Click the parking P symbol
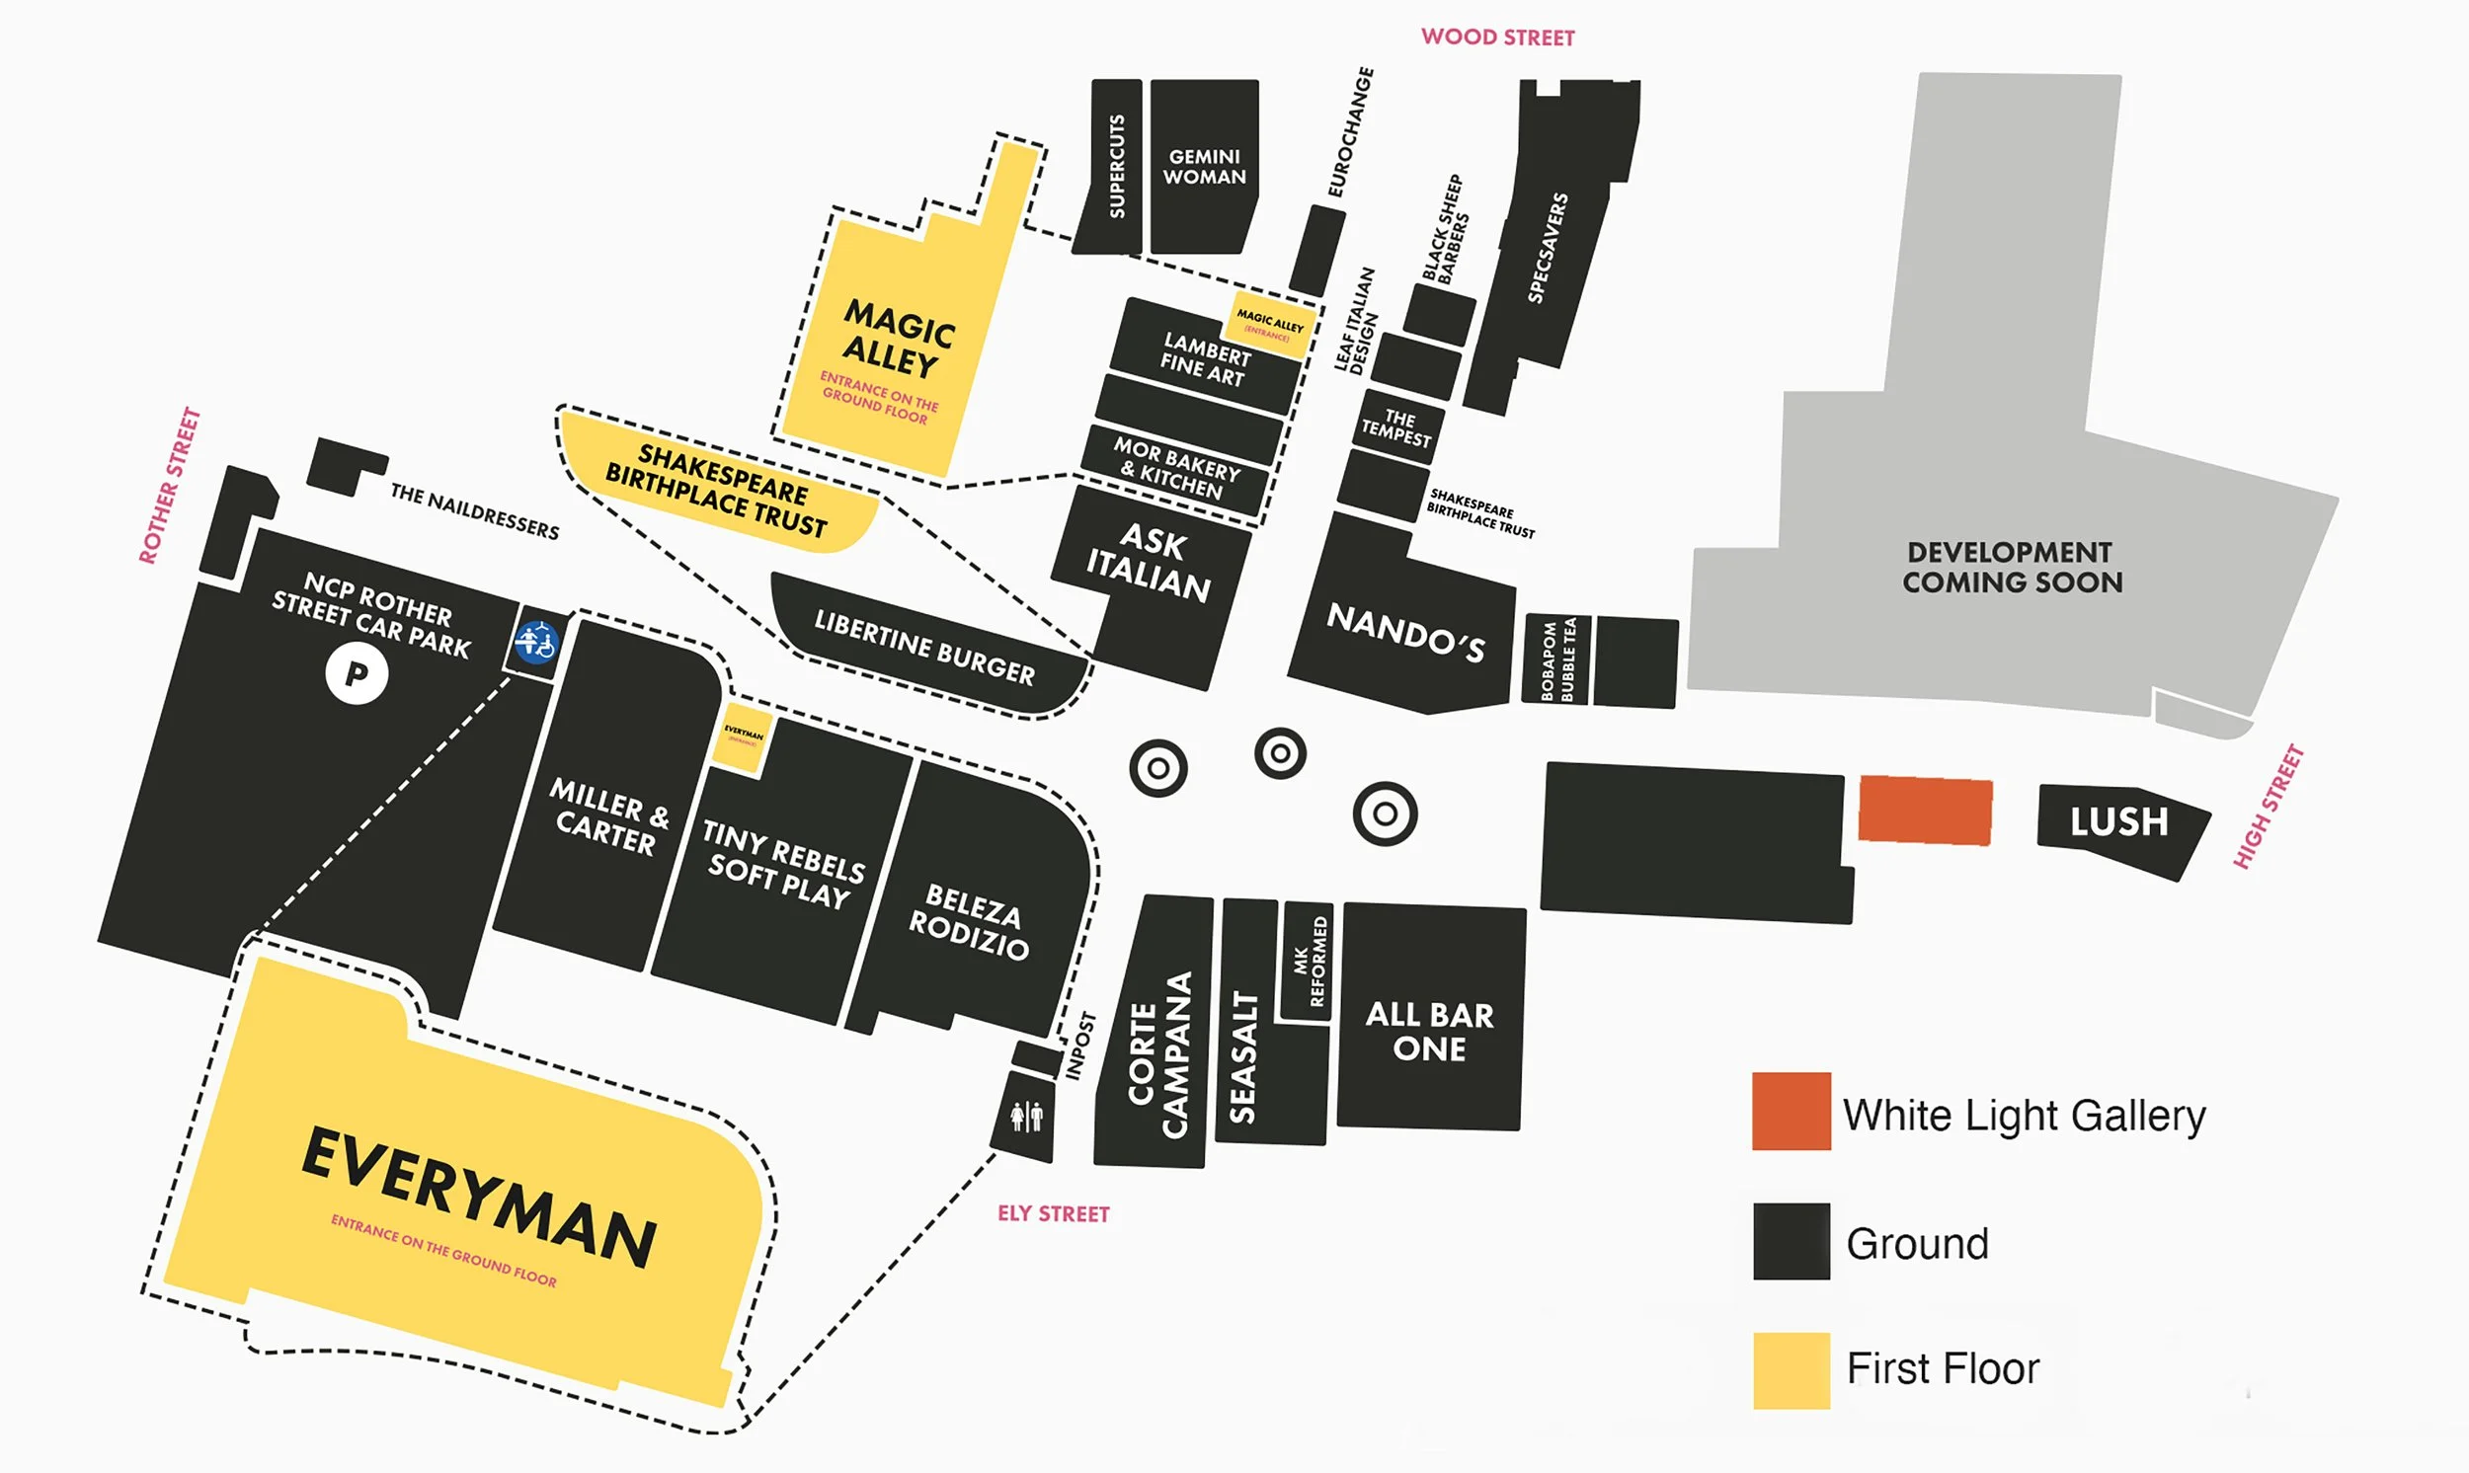pyautogui.click(x=357, y=674)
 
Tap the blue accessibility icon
pyautogui.click(x=536, y=642)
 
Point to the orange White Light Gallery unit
pyautogui.click(x=1925, y=810)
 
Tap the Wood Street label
pyautogui.click(x=1497, y=38)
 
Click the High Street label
pyautogui.click(x=2268, y=807)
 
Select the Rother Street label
pyautogui.click(x=170, y=486)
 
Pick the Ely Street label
pyautogui.click(x=1054, y=1214)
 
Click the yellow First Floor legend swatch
pyautogui.click(x=1791, y=1369)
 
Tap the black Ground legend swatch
pyautogui.click(x=1791, y=1241)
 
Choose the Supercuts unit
pyautogui.click(x=1116, y=167)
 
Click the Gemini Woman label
pyautogui.click(x=1204, y=167)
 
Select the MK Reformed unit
pyautogui.click(x=1309, y=961)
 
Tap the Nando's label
pyautogui.click(x=1405, y=632)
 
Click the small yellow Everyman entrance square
pyautogui.click(x=743, y=737)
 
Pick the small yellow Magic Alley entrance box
pyautogui.click(x=1272, y=324)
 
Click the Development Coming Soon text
pyautogui.click(x=2013, y=567)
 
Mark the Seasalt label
pyautogui.click(x=1243, y=1056)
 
